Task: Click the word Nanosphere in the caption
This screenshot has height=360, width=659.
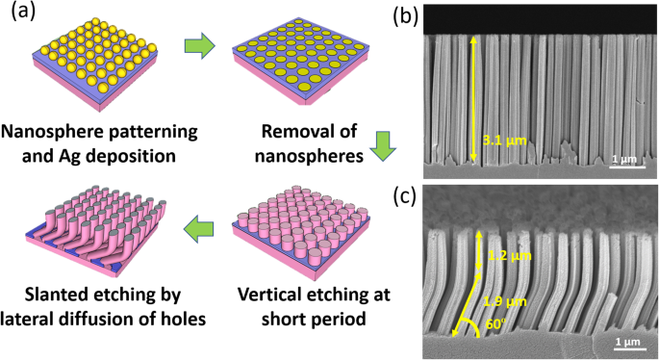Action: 59,132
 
